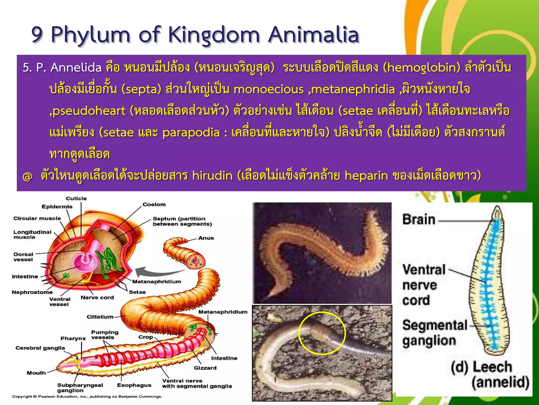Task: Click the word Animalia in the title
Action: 313,35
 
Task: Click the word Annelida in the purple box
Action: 76,67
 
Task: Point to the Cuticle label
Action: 76,199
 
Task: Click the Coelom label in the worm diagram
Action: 154,204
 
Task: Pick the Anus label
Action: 206,238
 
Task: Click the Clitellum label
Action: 100,317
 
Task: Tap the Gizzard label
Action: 205,368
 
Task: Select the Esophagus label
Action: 134,385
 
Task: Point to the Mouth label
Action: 36,373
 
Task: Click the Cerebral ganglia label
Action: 40,348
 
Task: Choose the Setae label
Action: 137,292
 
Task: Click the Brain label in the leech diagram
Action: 419,220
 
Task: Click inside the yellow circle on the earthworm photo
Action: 322,333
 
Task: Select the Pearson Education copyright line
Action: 87,397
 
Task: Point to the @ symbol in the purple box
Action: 27,176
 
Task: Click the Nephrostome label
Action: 32,292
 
